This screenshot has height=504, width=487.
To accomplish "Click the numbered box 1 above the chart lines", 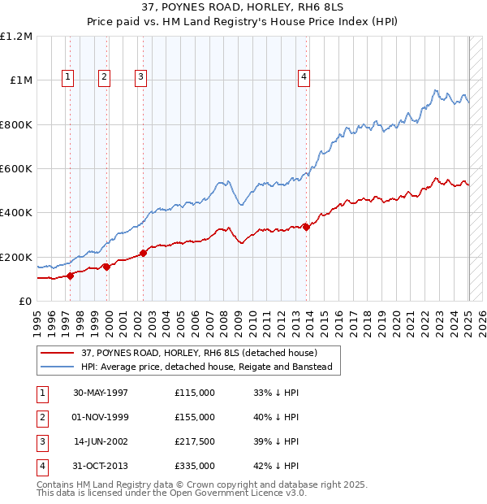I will [x=67, y=77].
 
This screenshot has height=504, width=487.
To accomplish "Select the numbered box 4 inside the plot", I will [x=304, y=77].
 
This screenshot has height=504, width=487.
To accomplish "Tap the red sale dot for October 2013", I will [x=306, y=227].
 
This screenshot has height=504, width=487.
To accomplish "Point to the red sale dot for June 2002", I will [x=143, y=253].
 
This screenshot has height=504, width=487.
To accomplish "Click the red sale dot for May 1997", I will [x=70, y=276].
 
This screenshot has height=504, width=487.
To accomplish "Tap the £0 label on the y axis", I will [x=24, y=302].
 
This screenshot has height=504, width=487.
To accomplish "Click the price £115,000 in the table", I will [x=195, y=392].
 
